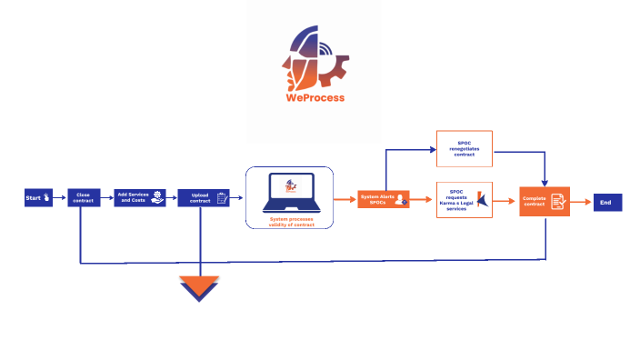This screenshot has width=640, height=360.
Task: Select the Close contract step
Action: tap(83, 198)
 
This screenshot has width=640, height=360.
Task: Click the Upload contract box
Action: tap(203, 198)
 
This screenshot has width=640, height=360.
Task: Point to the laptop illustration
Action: tap(289, 192)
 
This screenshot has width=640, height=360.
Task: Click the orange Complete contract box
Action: tap(545, 202)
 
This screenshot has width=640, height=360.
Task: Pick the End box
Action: tap(607, 203)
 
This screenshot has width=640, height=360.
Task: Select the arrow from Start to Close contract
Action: tap(61, 198)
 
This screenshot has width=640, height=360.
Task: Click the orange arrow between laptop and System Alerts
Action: tap(346, 199)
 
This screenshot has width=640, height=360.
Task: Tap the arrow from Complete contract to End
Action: tap(582, 203)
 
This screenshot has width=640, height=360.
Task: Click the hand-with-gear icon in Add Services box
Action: tap(158, 197)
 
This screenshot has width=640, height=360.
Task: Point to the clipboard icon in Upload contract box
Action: tap(221, 198)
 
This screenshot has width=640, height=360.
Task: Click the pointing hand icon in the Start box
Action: tap(46, 197)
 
